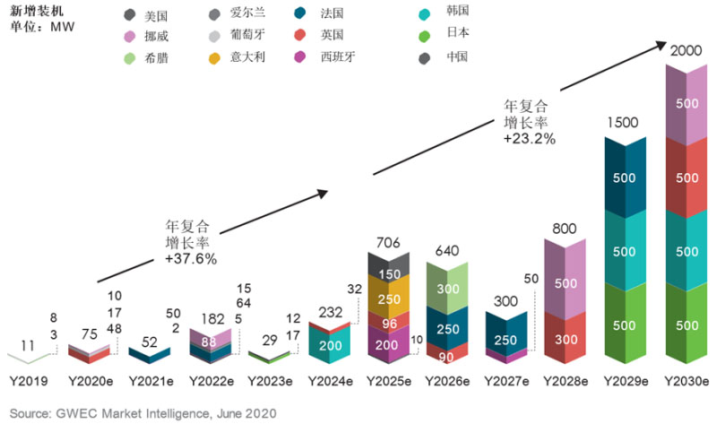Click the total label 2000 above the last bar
point(687,52)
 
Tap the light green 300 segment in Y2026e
point(449,290)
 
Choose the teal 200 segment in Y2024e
point(328,345)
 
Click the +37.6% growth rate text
point(191,257)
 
